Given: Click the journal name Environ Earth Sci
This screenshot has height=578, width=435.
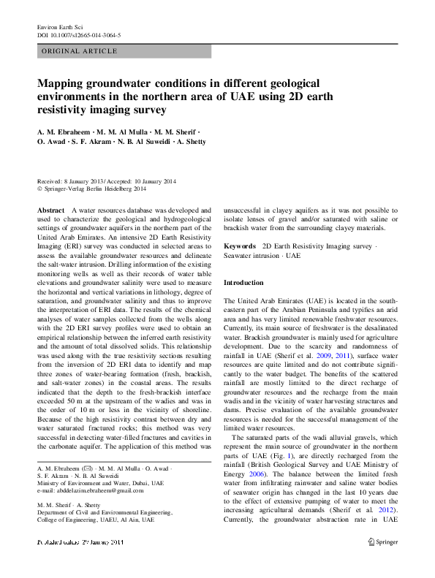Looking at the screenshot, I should pyautogui.click(x=59, y=26).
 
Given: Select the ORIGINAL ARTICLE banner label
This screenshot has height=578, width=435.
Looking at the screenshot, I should pyautogui.click(x=80, y=52).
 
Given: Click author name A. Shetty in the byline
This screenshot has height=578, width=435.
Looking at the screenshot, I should pyautogui.click(x=189, y=141).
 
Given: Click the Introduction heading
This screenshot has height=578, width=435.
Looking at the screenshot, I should pyautogui.click(x=243, y=283).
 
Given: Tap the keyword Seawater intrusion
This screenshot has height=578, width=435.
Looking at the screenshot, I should pyautogui.click(x=253, y=256).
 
